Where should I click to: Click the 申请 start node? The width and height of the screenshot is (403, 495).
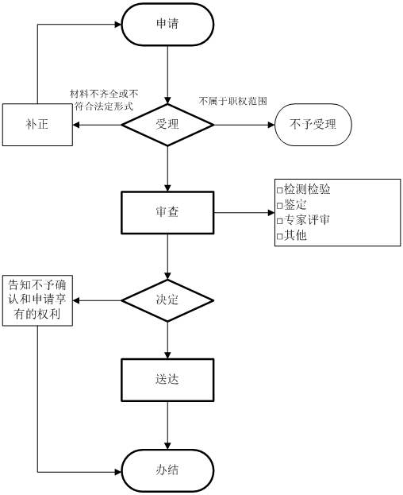click(x=167, y=24)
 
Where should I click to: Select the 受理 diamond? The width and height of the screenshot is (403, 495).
click(x=167, y=125)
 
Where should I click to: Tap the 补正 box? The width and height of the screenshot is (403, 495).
click(x=37, y=125)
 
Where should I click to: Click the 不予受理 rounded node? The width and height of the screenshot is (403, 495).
click(x=313, y=125)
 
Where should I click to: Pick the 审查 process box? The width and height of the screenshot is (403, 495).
click(x=167, y=212)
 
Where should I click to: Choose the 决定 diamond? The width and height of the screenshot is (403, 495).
click(x=167, y=300)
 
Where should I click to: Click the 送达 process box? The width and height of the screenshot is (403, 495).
click(x=167, y=380)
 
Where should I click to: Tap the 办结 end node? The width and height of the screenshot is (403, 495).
click(x=167, y=470)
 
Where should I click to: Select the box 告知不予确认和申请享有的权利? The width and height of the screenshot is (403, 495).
click(x=37, y=300)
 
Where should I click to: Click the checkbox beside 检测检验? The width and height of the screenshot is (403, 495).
click(x=279, y=191)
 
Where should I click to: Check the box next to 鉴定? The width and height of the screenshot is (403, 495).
click(x=279, y=206)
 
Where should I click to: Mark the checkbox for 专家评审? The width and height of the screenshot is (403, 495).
click(x=279, y=221)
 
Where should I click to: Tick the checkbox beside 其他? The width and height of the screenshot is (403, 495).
click(x=279, y=236)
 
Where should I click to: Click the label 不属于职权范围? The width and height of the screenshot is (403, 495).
click(x=233, y=101)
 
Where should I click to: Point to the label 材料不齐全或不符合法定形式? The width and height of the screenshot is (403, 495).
click(x=104, y=100)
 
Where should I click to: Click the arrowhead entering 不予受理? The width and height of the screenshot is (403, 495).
click(x=271, y=125)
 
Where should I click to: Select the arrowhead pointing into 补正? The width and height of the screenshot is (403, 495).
click(x=76, y=125)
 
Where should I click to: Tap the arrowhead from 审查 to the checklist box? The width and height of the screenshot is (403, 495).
click(x=271, y=212)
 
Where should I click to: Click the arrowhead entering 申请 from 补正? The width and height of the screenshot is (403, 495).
click(x=118, y=25)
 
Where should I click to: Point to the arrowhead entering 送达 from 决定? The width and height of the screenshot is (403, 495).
click(x=167, y=355)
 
